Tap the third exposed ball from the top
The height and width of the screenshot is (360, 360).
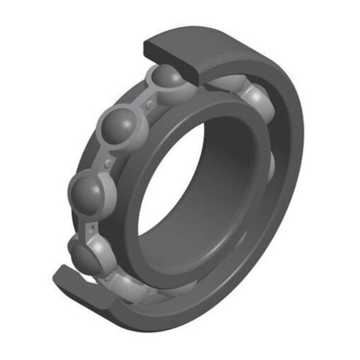pos(87,193)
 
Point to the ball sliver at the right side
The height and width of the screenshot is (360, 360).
pos(273,164)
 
